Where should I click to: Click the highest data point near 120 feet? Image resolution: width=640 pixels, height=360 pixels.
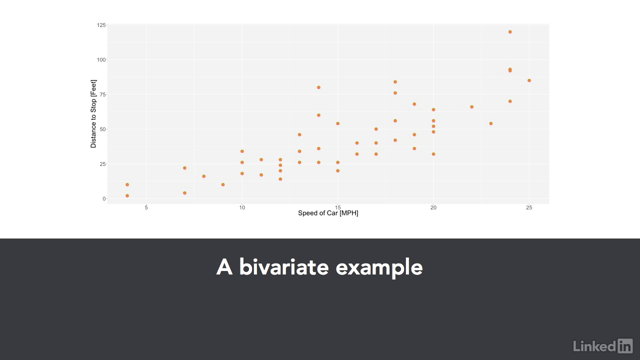coord(510,32)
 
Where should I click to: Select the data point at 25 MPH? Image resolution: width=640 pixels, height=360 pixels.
coord(529,80)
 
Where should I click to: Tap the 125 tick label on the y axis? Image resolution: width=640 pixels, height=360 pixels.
coord(101,25)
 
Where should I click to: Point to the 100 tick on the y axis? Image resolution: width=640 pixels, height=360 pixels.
coord(101,59)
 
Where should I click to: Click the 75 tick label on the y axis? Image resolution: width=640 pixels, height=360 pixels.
coord(102,94)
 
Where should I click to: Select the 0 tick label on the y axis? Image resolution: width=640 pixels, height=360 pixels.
coord(104,199)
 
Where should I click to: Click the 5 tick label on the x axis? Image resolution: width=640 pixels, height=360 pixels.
coord(146,207)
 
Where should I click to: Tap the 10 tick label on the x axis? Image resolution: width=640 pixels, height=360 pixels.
coord(242,207)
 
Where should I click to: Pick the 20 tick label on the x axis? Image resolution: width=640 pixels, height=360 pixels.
coord(433,207)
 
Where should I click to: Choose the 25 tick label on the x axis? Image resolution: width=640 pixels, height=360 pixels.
coord(529,207)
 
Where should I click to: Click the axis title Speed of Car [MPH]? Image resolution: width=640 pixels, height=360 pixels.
coord(328,213)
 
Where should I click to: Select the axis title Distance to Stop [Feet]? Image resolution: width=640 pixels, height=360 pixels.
coord(93,113)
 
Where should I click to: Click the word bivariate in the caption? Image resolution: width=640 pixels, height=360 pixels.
coord(283,267)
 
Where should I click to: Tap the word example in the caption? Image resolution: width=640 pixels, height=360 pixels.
coord(379,268)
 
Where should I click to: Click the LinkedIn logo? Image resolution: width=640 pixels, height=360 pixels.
coord(603,345)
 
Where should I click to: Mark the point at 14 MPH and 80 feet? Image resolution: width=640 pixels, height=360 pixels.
coord(318,87)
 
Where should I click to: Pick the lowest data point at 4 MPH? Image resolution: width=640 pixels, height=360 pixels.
coord(127,195)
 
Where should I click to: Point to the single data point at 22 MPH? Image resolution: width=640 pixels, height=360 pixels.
coord(471,107)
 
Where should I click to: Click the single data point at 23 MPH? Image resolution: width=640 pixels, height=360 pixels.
coord(491,123)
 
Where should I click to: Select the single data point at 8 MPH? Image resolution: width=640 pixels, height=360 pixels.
coord(203,176)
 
